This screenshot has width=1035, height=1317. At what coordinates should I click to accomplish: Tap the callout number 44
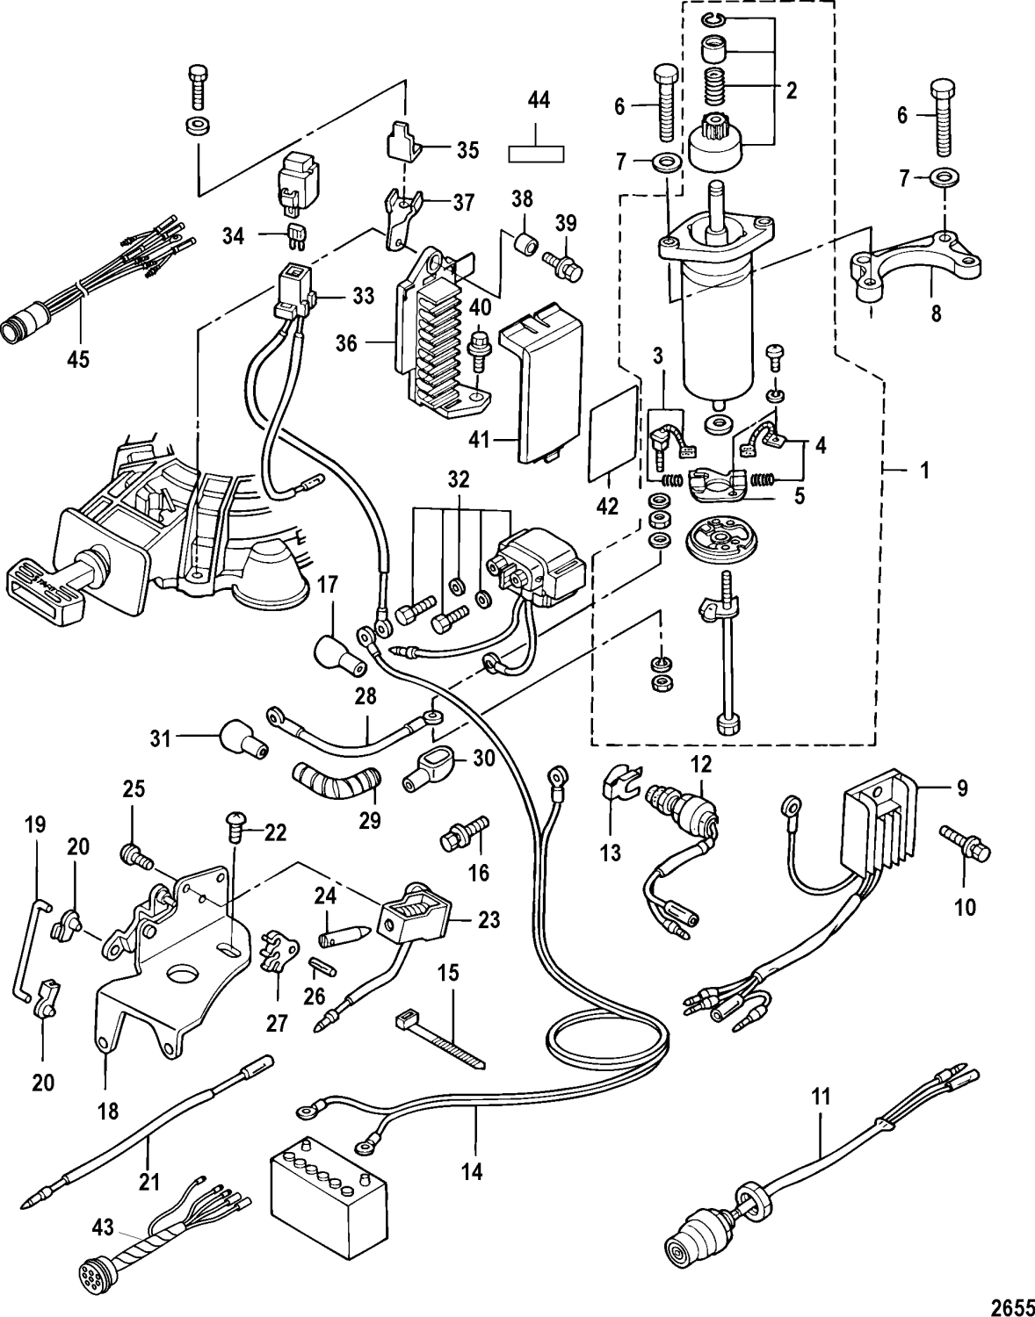[539, 101]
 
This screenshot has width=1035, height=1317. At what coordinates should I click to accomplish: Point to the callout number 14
[472, 1171]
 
